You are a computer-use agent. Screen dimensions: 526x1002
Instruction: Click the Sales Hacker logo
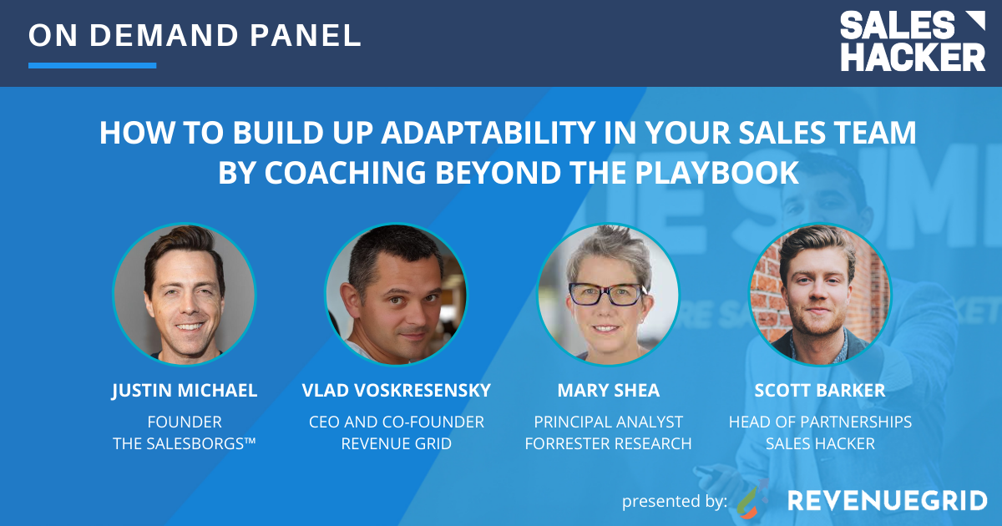tap(912, 42)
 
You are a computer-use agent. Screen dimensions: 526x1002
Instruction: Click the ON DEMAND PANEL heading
tap(195, 35)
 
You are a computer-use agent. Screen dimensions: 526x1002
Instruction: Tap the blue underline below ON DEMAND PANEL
tap(92, 64)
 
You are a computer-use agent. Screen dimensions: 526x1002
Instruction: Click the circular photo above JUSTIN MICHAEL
tap(185, 294)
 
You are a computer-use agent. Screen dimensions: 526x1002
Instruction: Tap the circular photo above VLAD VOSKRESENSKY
tap(397, 294)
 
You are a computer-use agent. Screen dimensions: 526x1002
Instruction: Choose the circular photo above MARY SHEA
tap(608, 294)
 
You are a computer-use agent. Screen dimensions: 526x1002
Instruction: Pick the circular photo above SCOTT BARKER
tap(820, 294)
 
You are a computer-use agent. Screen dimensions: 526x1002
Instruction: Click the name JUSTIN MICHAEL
tap(185, 391)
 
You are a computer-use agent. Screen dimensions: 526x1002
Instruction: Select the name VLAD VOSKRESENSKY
tap(397, 391)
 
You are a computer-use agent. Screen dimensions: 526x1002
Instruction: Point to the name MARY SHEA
tap(608, 391)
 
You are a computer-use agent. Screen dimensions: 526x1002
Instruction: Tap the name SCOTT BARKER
tap(820, 391)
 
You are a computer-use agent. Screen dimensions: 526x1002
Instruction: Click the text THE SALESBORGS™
tap(185, 443)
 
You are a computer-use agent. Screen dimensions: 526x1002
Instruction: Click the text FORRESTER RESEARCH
tap(608, 443)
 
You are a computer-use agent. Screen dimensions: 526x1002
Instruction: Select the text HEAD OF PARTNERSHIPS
tap(820, 422)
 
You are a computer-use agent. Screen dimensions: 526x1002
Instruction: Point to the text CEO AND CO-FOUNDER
tap(397, 422)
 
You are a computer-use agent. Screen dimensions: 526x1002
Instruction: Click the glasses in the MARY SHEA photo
tap(606, 294)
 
